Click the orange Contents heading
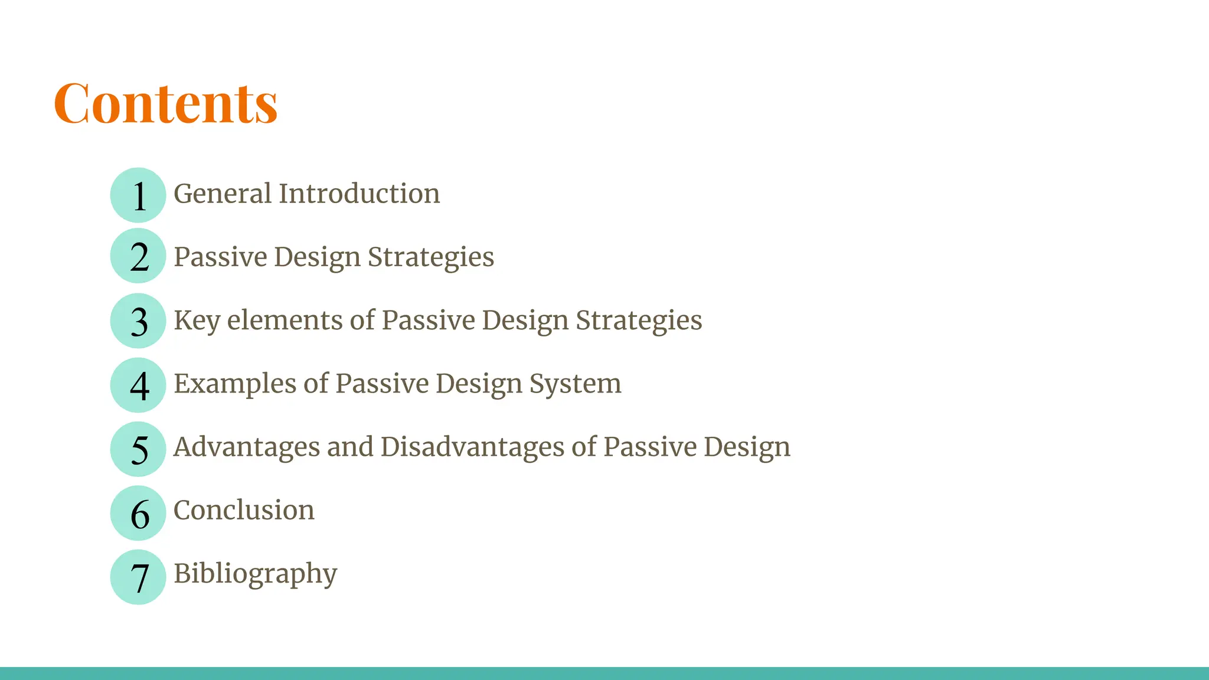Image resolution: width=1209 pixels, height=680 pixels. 165,103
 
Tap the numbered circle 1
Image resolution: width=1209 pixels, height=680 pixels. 138,195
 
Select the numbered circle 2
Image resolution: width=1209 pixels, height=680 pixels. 138,256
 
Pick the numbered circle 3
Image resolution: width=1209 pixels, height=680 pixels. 138,321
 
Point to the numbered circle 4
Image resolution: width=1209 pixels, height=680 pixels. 138,385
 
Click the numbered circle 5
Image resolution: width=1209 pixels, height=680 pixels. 138,449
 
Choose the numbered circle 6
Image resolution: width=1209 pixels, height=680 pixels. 138,513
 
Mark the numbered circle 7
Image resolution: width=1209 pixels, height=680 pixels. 138,577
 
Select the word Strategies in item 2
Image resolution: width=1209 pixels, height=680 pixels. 431,257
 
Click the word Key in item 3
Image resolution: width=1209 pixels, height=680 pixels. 197,321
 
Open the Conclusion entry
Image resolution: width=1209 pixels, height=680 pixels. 244,510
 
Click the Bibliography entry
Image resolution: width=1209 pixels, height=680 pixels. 255,574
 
